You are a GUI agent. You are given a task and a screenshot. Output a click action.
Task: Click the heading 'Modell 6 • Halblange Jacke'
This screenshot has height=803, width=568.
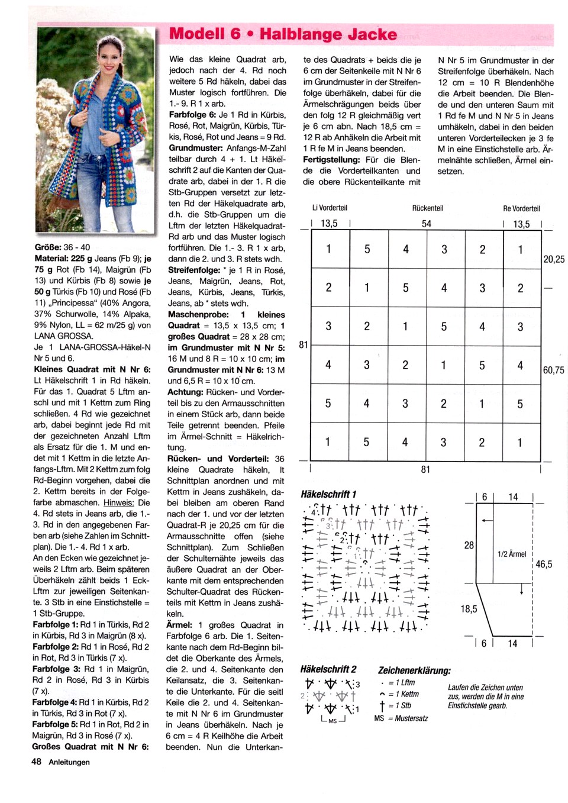(x=283, y=34)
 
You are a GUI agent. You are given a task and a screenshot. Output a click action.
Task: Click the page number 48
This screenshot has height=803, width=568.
(x=37, y=762)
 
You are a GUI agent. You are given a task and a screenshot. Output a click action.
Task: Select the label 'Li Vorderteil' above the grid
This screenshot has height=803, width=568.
(x=330, y=208)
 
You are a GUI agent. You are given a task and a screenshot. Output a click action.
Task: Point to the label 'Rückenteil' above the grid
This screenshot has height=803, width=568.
(x=427, y=208)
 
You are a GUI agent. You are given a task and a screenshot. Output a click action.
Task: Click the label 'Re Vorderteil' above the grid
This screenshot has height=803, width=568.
(x=521, y=208)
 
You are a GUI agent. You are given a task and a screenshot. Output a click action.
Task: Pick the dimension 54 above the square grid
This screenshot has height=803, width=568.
(x=427, y=224)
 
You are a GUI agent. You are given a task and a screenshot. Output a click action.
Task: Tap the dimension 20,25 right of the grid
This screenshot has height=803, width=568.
(x=554, y=259)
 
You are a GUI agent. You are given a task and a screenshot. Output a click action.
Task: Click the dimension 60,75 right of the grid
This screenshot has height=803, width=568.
(x=554, y=370)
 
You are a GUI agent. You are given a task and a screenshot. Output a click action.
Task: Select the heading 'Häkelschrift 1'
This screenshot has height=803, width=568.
(x=328, y=494)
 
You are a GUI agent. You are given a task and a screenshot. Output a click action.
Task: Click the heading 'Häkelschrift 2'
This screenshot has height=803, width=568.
(x=328, y=669)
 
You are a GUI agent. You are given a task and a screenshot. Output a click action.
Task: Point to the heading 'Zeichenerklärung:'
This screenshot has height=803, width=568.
(x=414, y=670)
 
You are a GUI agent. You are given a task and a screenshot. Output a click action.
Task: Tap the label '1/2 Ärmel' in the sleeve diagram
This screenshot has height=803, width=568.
(x=512, y=554)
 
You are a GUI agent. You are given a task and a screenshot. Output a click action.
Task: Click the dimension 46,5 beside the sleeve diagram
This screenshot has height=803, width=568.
(x=544, y=565)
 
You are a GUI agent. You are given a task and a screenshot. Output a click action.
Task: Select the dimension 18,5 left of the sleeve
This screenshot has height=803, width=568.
(x=469, y=608)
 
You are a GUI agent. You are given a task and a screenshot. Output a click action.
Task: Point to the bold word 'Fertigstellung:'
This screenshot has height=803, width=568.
(x=331, y=160)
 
